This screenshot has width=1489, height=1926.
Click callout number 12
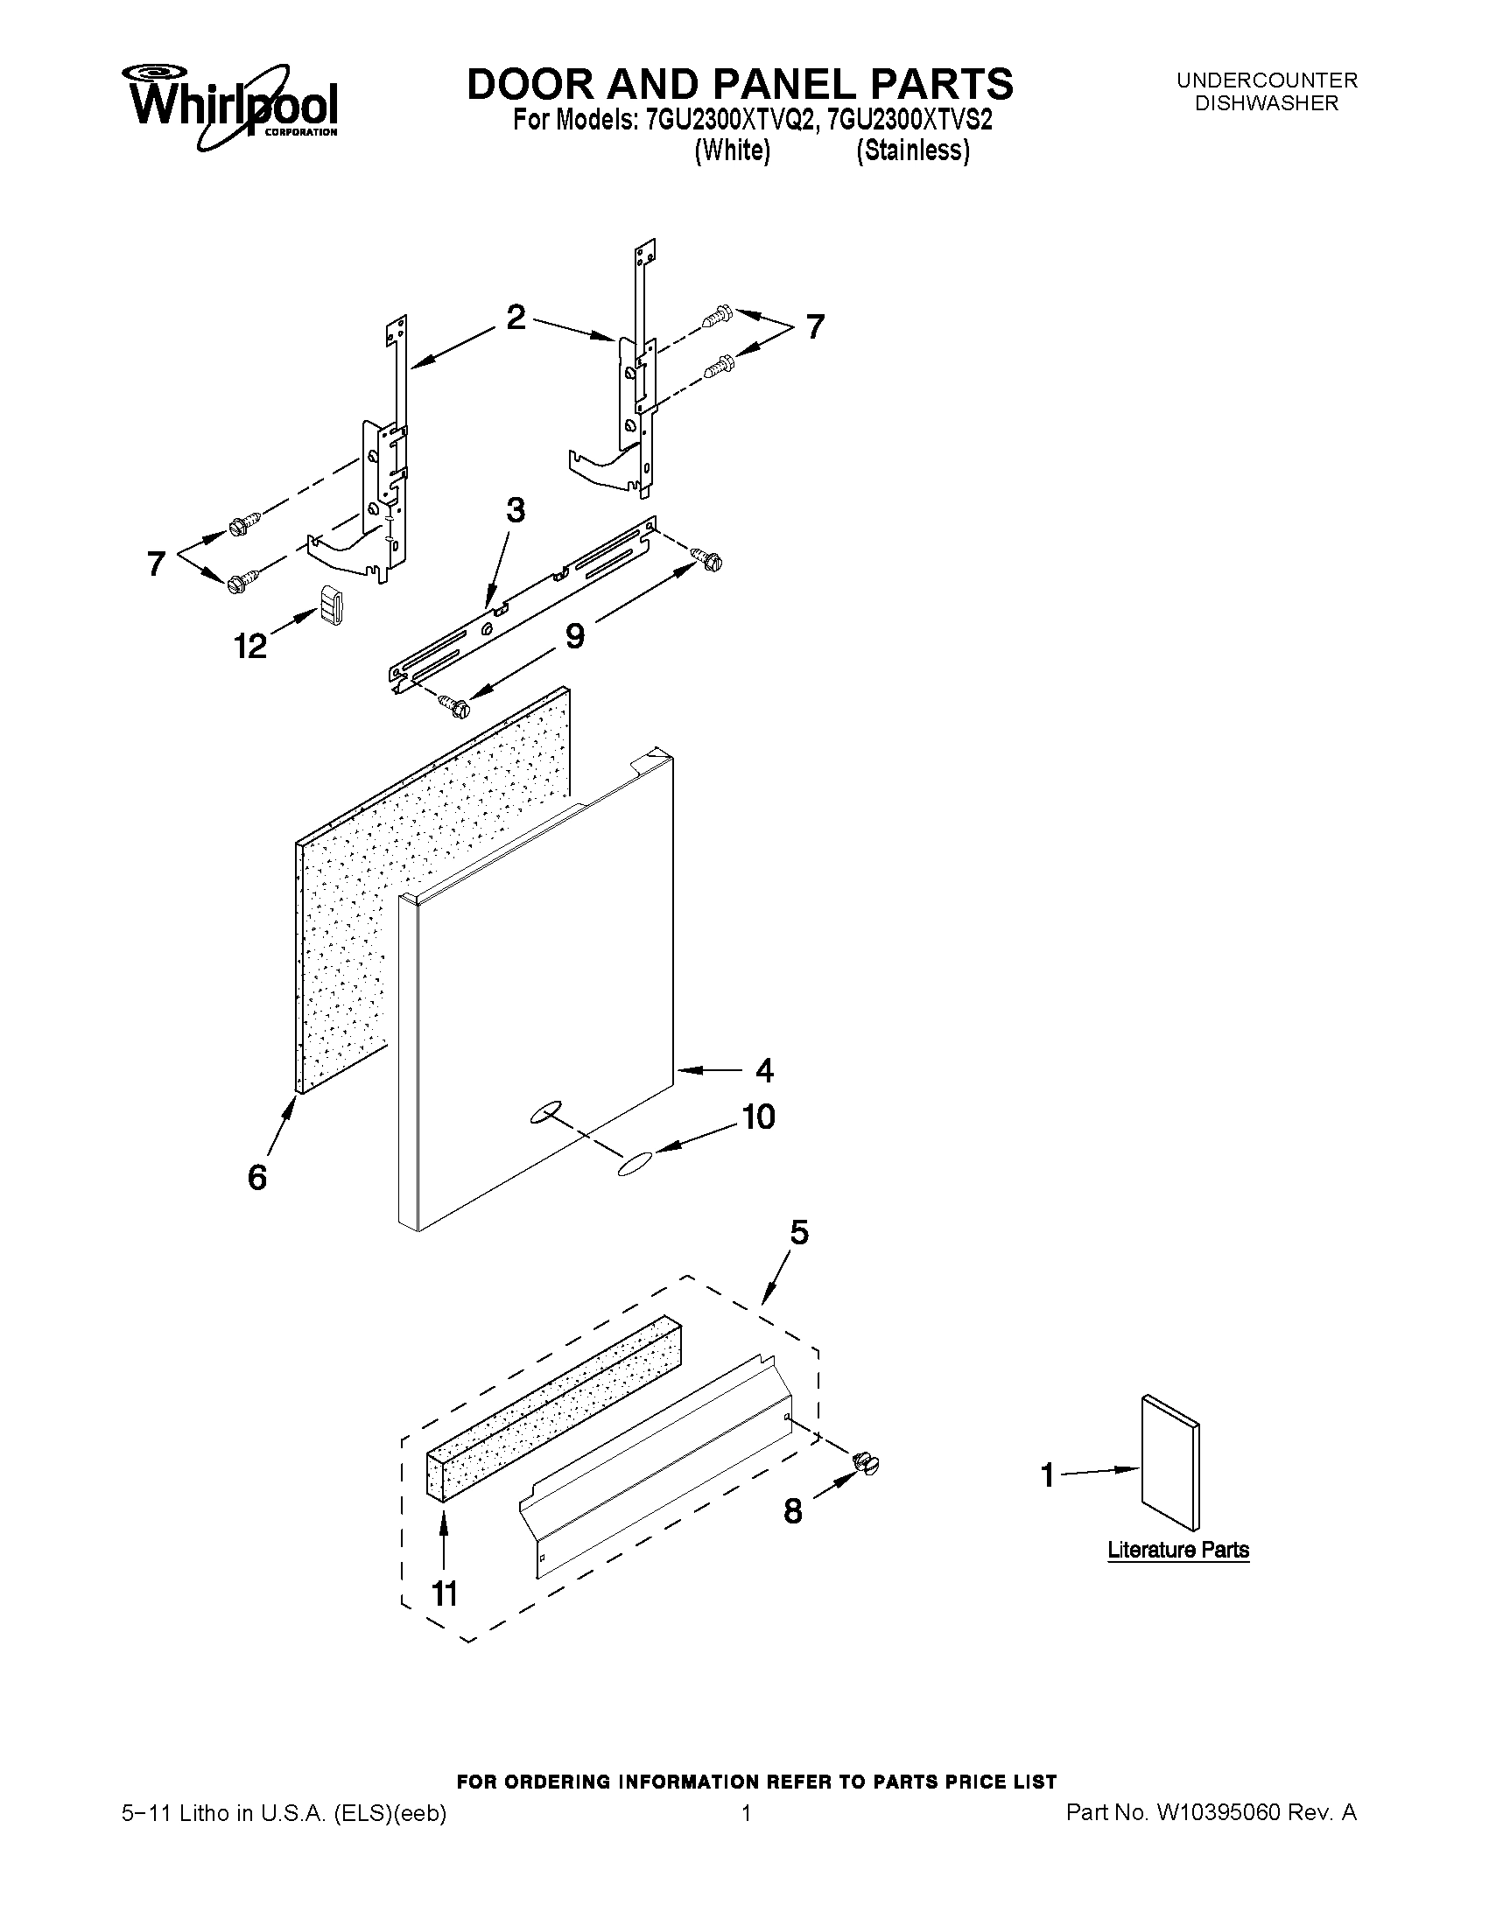tap(249, 647)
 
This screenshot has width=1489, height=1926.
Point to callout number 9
tap(574, 635)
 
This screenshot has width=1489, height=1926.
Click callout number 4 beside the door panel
tap(764, 1070)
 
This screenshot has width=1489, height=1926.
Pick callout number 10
tap(758, 1117)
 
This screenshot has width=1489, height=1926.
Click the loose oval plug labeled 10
tap(636, 1163)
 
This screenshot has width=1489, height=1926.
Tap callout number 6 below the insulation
tap(256, 1176)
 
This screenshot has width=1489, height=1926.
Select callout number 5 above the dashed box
tap(798, 1232)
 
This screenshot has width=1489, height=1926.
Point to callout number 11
tap(444, 1593)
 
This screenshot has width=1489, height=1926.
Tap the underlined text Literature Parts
tap(1177, 1550)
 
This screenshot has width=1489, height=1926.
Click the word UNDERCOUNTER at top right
tap(1267, 81)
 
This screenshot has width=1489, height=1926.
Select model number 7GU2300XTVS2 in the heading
tap(910, 120)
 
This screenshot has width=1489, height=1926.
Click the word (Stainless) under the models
tap(913, 151)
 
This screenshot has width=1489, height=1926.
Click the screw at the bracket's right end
tap(708, 558)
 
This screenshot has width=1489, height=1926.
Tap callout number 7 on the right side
tap(815, 327)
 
